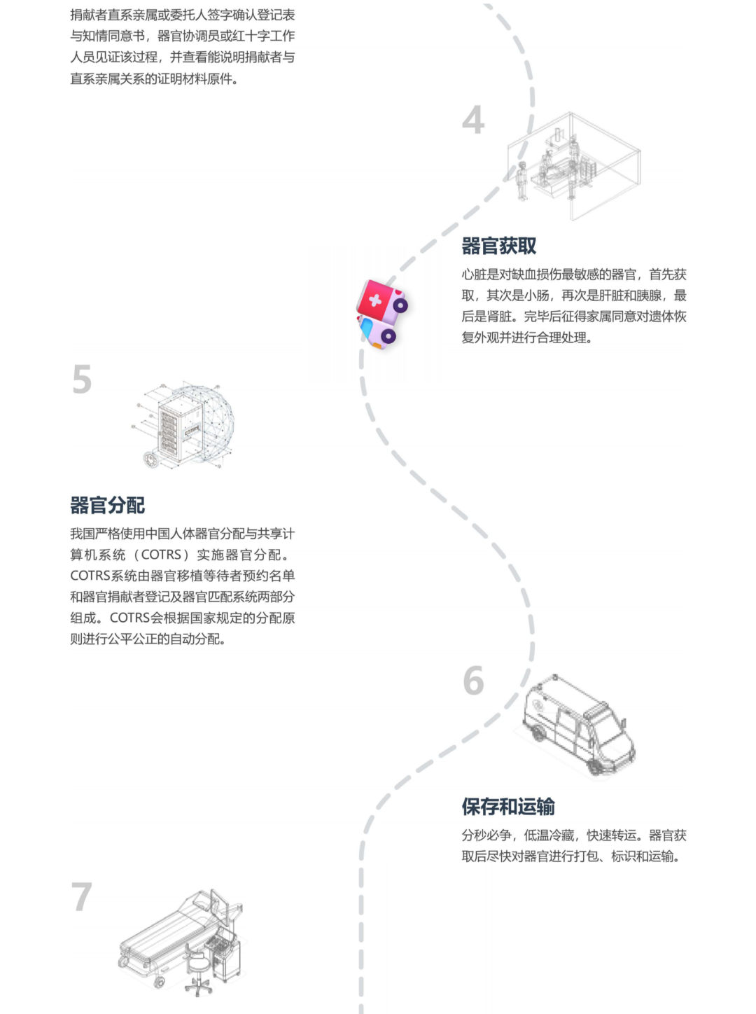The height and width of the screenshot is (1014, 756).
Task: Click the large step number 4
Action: point(473,120)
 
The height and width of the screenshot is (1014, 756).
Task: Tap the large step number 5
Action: point(82,380)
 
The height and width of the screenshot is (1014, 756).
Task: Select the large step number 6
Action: point(473,681)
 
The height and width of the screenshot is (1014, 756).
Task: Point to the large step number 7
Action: point(82,897)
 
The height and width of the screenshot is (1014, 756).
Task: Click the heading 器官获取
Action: point(499,246)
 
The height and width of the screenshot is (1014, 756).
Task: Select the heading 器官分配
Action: point(107,506)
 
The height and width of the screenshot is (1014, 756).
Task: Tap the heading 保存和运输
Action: point(508,807)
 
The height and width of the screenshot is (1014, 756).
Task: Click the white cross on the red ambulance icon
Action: point(375,300)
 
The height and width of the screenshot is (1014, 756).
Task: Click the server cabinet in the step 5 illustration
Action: point(179,429)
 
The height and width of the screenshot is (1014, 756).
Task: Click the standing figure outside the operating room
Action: point(521,181)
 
